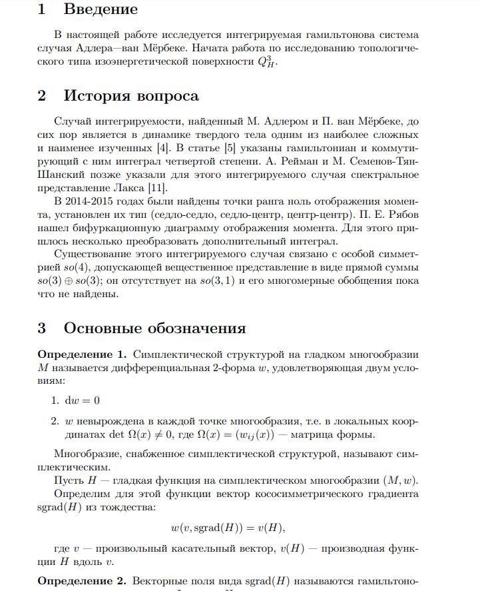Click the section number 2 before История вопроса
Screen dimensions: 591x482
[x=42, y=95]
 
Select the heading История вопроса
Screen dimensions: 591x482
[x=131, y=95]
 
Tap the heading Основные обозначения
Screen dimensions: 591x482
[x=154, y=328]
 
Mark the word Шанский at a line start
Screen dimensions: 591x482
[x=60, y=175]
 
